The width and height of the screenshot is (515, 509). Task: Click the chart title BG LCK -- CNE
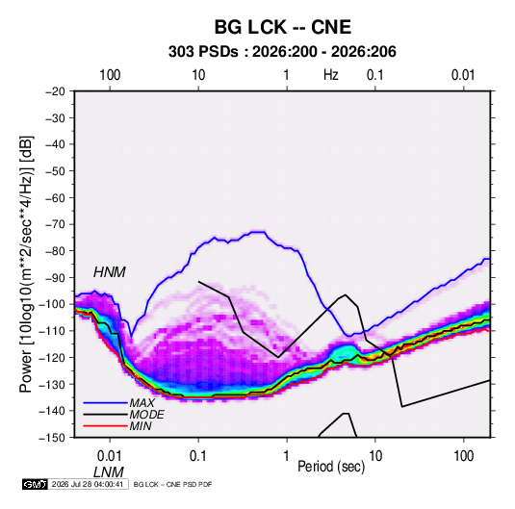point(283,27)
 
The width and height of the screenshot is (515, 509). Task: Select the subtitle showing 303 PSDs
point(282,52)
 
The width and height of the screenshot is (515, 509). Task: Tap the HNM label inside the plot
point(110,272)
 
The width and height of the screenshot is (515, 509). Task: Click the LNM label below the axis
point(109,472)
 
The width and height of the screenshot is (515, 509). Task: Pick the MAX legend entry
point(142,402)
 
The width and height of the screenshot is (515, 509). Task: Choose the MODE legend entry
point(147,415)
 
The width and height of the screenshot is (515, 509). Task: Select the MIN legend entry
point(141,426)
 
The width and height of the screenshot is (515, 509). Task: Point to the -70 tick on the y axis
point(55,224)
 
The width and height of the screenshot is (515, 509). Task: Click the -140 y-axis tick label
point(53,411)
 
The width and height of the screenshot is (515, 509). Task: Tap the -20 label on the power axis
point(55,91)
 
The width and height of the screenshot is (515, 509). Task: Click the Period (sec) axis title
point(331,467)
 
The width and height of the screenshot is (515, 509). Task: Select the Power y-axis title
point(26,265)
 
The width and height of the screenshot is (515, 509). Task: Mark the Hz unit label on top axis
point(331,75)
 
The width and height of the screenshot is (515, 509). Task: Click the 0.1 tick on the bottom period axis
point(198,456)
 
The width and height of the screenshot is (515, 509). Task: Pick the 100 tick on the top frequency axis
point(110,75)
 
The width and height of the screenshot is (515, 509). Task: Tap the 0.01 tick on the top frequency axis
point(463,75)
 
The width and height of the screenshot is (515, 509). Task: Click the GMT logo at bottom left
point(35,484)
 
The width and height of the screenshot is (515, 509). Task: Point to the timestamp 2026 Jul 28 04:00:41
point(88,484)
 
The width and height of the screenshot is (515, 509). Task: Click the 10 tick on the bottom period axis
point(375,456)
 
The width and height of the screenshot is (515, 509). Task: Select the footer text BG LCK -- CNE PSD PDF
point(172,484)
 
